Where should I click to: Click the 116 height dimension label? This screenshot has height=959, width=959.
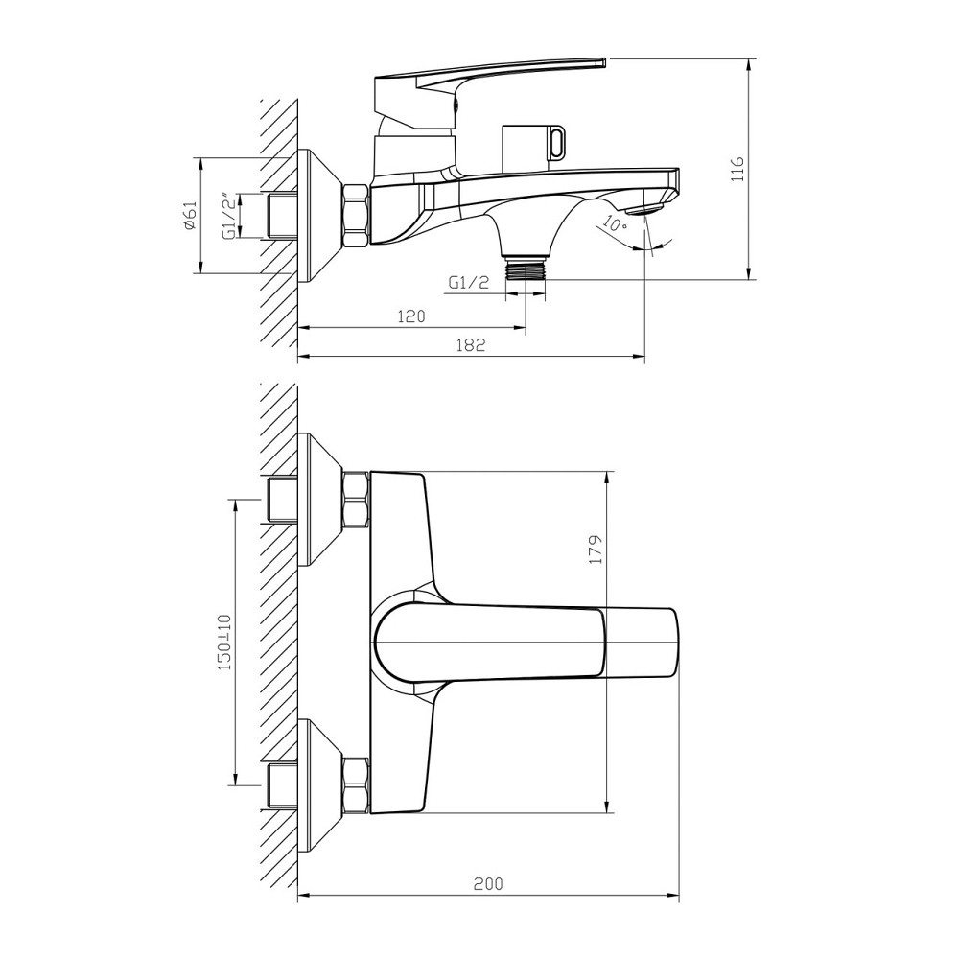coord(737,170)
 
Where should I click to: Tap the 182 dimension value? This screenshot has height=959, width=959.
coord(471,345)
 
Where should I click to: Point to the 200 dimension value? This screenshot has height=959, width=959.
coord(488,883)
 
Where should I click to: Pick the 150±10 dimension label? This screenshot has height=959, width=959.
coord(224,642)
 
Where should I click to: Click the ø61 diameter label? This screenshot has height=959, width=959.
coord(189,215)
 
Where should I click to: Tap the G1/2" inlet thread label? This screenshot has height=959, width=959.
coord(228,216)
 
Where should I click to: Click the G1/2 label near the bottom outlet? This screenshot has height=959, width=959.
coord(468,282)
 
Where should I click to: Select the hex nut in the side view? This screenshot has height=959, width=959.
coord(356,216)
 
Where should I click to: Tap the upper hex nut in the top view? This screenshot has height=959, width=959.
coord(356,499)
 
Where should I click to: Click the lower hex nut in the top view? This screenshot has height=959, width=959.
coord(356,784)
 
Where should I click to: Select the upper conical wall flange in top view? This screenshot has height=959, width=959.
coord(318,499)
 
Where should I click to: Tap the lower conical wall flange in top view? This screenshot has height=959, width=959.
coord(318,784)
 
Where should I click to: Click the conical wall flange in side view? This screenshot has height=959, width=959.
coord(318,216)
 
